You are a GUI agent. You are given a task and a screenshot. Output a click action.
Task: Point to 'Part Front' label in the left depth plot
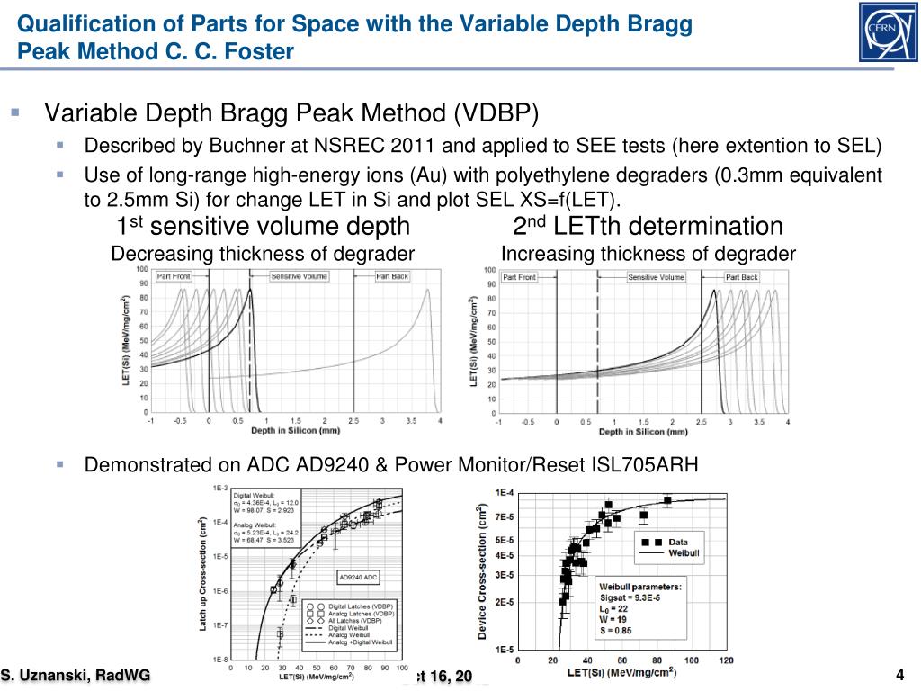174,276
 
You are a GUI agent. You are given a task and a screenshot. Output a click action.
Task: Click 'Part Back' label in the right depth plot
742,277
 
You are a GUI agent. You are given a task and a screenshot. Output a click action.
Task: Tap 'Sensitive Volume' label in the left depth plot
300,276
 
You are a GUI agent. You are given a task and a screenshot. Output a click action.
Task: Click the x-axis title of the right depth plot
643,433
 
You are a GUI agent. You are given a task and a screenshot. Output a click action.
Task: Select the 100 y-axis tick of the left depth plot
142,269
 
